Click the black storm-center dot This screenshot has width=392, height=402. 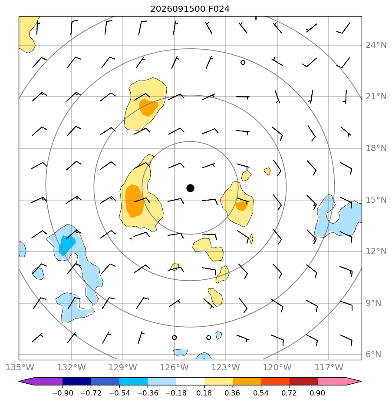tap(190, 188)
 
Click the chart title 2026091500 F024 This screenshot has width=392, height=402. tap(190, 9)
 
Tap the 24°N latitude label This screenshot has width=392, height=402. tap(376, 45)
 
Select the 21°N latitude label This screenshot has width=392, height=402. tap(376, 97)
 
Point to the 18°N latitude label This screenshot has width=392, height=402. tap(376, 148)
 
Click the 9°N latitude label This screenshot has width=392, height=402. tap(373, 303)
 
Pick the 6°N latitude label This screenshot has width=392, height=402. tap(373, 355)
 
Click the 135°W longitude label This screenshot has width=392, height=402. tap(20, 367)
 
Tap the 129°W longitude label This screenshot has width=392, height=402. tap(123, 367)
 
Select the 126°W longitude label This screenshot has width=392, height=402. tap(175, 367)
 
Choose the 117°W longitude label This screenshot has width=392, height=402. tap(329, 367)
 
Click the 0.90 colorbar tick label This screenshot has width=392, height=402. tap(317, 393)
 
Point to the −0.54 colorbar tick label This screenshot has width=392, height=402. tap(119, 393)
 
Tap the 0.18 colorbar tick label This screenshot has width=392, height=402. tap(204, 393)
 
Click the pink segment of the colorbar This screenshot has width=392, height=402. tap(332, 381)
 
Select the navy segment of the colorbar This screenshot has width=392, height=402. tap(76, 381)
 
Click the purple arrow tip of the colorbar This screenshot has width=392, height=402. tap(20, 381)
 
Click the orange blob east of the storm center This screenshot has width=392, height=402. tap(241, 206)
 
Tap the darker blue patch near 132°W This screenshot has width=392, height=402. tap(66, 245)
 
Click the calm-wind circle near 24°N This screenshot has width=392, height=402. tap(243, 62)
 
